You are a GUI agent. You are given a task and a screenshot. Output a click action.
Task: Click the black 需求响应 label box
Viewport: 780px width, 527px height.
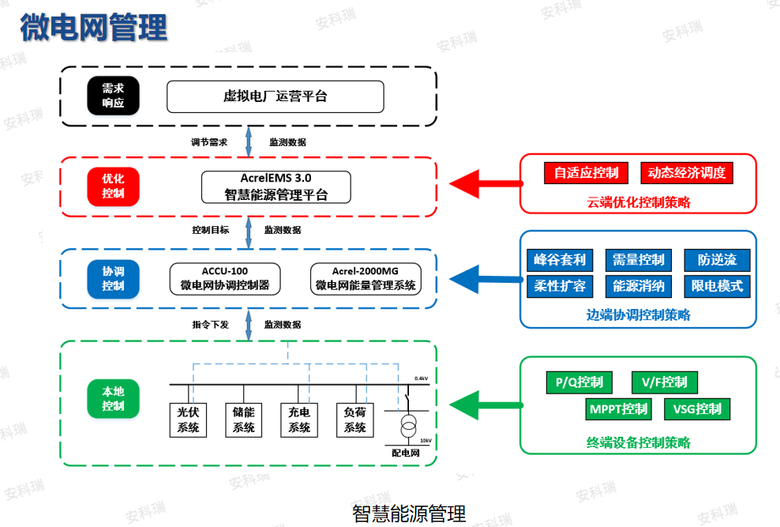coord(113,96)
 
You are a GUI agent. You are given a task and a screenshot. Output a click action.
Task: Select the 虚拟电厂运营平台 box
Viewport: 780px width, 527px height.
coord(275,96)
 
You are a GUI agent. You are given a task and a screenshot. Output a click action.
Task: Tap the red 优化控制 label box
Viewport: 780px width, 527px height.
coord(113,186)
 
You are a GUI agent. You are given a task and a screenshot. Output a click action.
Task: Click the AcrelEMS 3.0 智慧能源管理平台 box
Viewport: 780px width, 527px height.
coord(276,187)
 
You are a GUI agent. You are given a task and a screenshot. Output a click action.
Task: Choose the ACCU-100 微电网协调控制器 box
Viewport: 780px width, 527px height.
coord(225,278)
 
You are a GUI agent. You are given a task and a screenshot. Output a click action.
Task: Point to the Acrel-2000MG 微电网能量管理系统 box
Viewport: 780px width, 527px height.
coord(366,278)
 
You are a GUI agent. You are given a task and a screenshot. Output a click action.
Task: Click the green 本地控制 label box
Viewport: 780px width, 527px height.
coord(113,399)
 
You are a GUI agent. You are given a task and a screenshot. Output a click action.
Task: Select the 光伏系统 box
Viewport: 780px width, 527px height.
coord(188,420)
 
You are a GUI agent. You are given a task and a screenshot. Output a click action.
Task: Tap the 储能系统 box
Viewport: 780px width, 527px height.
coord(244,420)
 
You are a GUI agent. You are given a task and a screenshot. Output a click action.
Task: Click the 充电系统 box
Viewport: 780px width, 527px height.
coord(299,420)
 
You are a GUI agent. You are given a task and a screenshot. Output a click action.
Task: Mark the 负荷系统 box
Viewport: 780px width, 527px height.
coord(355,420)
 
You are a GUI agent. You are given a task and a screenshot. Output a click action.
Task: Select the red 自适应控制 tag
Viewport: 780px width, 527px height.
coord(586,173)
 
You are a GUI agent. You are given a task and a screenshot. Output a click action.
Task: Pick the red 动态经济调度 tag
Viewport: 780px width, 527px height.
coord(686,173)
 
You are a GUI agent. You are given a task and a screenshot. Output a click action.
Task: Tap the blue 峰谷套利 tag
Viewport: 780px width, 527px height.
coord(560,260)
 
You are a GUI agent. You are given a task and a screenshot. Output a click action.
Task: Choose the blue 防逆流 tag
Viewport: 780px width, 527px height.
coord(717,260)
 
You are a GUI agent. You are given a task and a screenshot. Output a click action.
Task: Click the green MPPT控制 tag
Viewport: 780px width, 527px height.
coord(617,409)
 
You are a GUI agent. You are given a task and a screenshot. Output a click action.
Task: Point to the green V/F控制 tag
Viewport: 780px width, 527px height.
coord(664,382)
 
